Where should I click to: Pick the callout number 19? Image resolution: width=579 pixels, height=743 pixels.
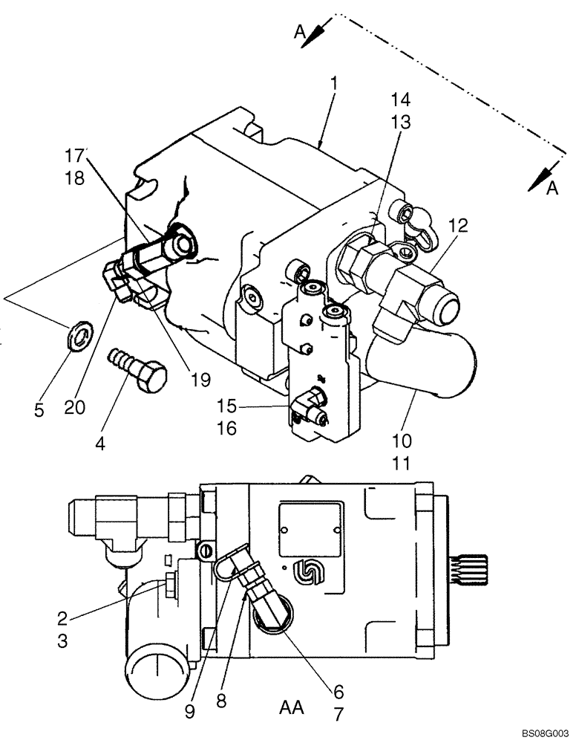[x=200, y=380]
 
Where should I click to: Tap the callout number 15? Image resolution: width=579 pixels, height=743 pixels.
[x=226, y=406]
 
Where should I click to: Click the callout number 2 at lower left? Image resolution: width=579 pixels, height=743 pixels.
[x=63, y=617]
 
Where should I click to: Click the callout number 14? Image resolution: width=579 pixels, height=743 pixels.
[x=402, y=100]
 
